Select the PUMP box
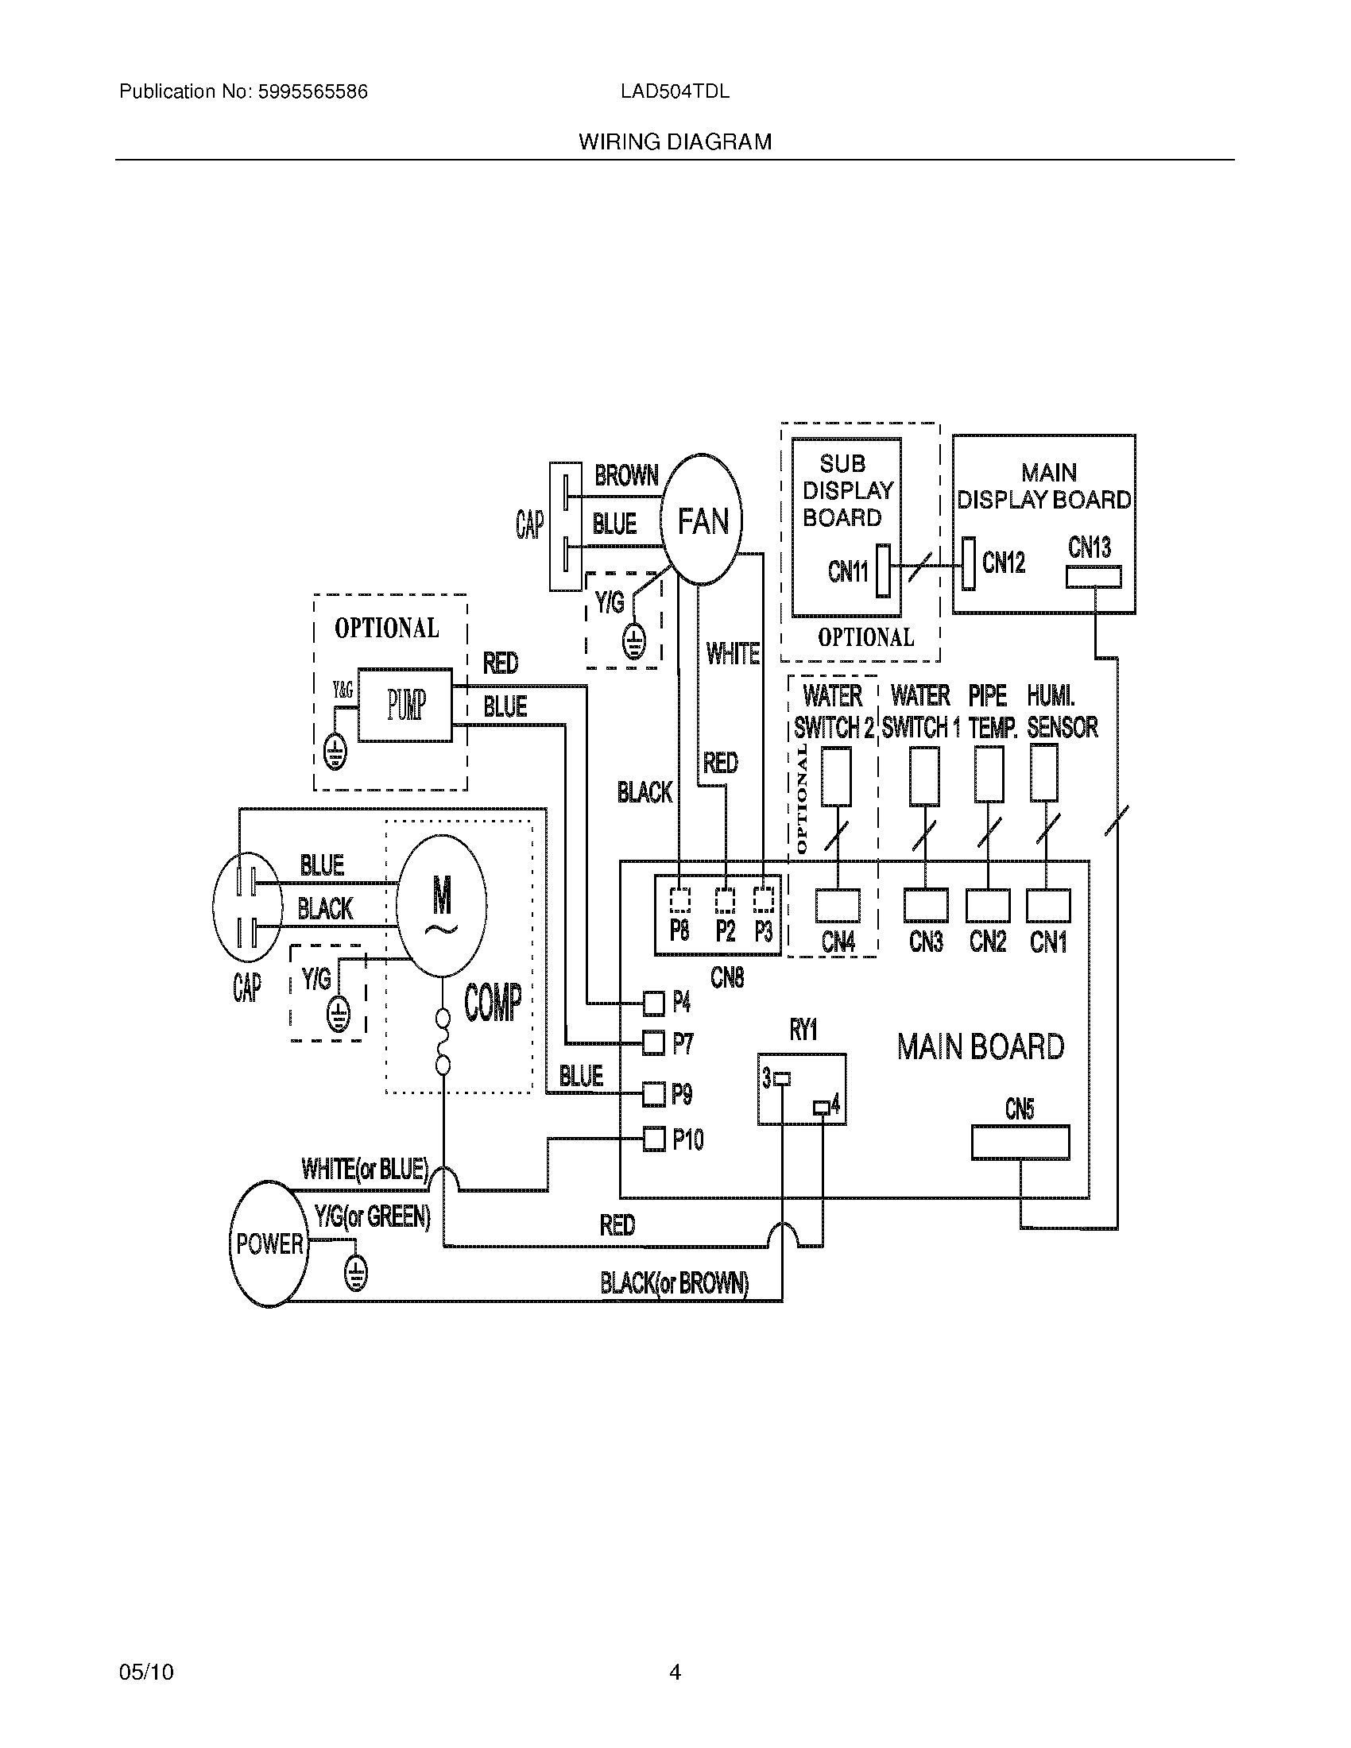tap(405, 705)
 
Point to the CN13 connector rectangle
tap(1094, 577)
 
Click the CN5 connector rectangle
tap(1020, 1142)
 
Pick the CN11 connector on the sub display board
tap(883, 570)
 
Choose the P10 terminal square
tap(654, 1138)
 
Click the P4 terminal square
tap(654, 1002)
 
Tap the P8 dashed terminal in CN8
tap(679, 900)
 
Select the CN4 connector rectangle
tap(838, 906)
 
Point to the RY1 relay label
tap(803, 1030)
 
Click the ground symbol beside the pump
tap(335, 752)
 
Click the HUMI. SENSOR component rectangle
tap(1043, 772)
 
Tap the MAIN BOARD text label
tap(981, 1047)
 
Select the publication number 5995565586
tap(312, 92)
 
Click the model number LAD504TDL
tap(675, 92)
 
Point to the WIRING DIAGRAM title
tap(675, 142)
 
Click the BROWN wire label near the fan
tap(626, 476)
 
